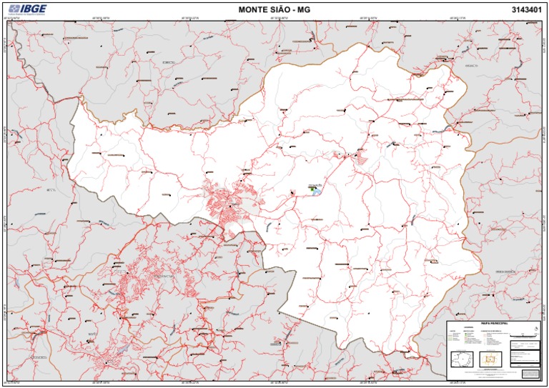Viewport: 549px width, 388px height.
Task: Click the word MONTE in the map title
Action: point(253,9)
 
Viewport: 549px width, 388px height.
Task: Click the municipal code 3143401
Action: point(527,9)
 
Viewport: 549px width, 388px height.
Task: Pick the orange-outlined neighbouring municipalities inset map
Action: point(491,359)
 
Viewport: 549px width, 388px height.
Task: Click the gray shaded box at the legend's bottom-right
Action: point(530,373)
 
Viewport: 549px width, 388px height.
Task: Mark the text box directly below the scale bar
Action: point(526,345)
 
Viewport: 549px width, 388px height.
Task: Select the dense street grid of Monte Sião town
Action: point(226,204)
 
